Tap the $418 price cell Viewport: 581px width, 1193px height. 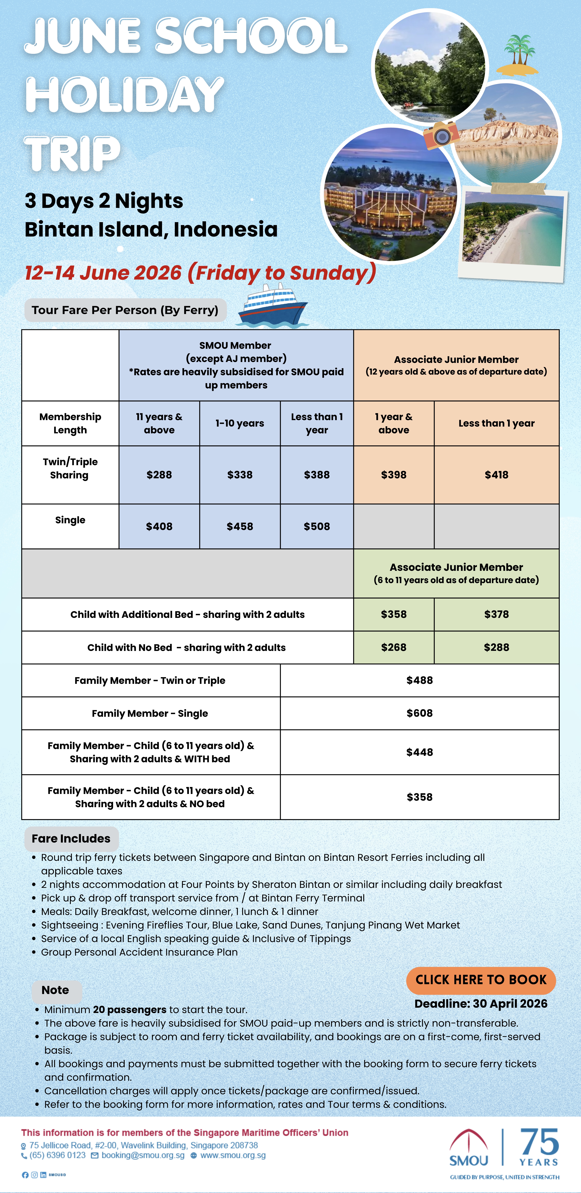[496, 475]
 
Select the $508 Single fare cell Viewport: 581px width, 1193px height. [317, 527]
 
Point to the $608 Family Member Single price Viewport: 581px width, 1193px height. [419, 713]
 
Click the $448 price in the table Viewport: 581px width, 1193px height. [419, 752]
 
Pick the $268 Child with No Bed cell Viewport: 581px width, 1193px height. [393, 647]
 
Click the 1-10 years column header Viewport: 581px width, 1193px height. [240, 423]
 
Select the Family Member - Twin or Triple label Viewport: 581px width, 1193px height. [150, 680]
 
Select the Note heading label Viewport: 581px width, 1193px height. [55, 990]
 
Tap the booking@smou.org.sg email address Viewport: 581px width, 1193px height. [143, 1155]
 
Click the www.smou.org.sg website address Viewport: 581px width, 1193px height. [233, 1155]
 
